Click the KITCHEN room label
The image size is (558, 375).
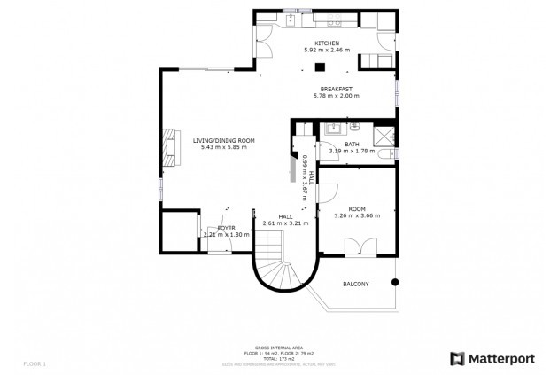(x=327, y=43)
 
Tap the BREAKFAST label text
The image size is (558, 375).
(x=337, y=89)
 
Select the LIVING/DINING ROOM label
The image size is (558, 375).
(x=223, y=140)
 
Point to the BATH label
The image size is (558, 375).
(x=352, y=144)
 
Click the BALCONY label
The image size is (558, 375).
(x=355, y=284)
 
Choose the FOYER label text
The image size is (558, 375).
(x=226, y=228)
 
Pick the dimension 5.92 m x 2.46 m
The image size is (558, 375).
(x=327, y=51)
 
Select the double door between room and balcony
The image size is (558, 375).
(x=358, y=247)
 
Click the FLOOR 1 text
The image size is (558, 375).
(x=34, y=363)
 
